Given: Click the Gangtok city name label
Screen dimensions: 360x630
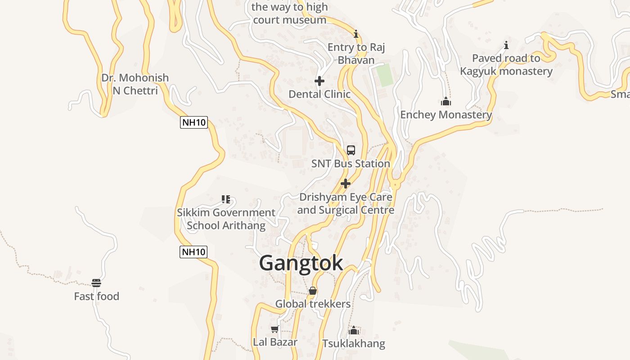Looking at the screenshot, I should pos(301,263).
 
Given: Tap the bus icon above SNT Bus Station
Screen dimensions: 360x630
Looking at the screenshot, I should pos(351,150).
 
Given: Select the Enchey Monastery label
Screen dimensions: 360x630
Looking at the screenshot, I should pos(446,115).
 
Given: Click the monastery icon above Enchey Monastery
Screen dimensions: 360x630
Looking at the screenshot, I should pos(446,101).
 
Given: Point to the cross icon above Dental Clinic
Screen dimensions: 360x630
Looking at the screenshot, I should pos(319,81).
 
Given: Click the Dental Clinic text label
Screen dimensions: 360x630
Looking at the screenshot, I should pos(319,94).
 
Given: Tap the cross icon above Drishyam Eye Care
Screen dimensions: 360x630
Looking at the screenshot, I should pos(346,184).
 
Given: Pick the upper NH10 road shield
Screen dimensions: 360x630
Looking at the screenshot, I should pos(194,122).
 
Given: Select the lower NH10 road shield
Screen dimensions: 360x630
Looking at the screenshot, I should pos(193,252).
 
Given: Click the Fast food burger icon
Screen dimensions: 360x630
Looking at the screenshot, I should pos(96,283).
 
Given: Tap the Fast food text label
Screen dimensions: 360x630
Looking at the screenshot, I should pos(96,296).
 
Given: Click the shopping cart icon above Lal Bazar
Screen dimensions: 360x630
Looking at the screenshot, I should pos(275,329).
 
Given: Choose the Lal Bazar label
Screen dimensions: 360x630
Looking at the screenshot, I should pos(275,342).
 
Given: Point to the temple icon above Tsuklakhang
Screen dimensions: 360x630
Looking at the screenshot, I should pos(354,331).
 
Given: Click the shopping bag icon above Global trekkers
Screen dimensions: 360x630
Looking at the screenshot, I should pos(313,291).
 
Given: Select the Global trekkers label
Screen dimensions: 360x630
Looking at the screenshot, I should pos(313,304).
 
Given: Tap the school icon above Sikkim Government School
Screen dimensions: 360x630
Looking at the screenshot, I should pos(226,199).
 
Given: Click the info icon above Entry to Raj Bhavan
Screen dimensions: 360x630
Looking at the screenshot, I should pos(356,34).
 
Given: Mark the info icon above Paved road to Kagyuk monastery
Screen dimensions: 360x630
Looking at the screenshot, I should pos(506,45).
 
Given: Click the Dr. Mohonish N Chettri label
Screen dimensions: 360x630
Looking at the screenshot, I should pos(135,84).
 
